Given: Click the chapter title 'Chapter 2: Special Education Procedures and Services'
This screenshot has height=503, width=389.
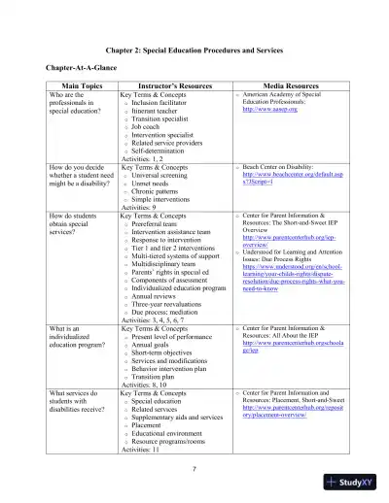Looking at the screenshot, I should coord(194,49).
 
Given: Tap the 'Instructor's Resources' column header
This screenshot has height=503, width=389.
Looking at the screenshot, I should coord(170,85).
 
